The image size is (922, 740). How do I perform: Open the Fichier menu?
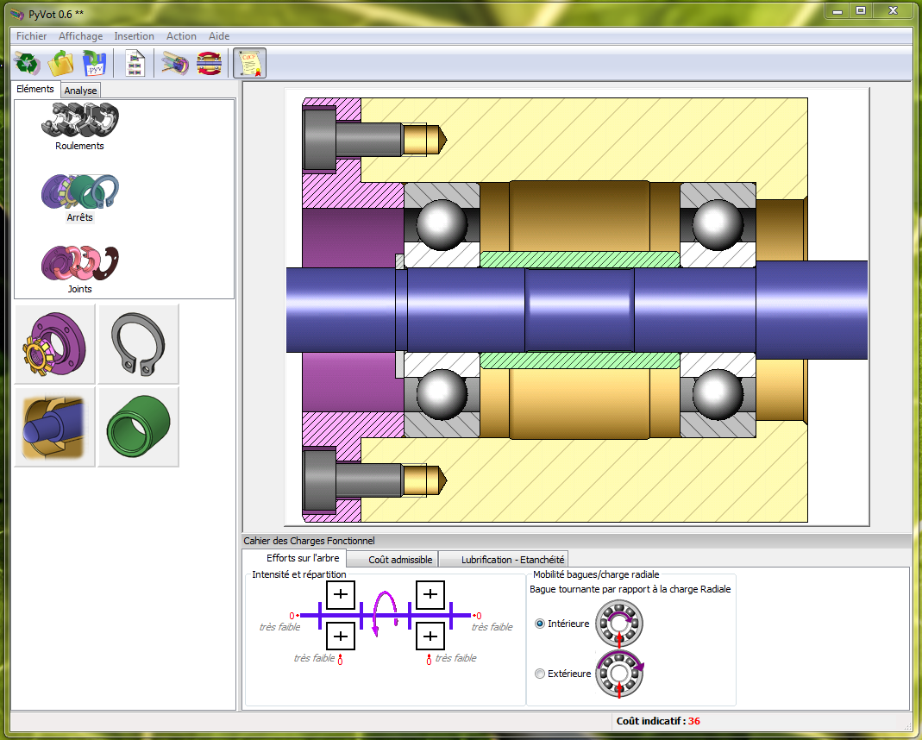point(31,36)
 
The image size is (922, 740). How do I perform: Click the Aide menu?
point(219,36)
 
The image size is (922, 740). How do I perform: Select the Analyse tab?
point(80,91)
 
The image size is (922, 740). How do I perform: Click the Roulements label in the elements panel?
point(79,146)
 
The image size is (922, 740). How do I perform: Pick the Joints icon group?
point(79,263)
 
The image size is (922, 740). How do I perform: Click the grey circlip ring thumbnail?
point(138,344)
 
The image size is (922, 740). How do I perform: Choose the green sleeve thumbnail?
point(138,427)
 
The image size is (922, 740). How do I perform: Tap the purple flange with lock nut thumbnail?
point(54,344)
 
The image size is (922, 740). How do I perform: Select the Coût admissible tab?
point(400,560)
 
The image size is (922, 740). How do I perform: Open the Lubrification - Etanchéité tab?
point(512,560)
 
